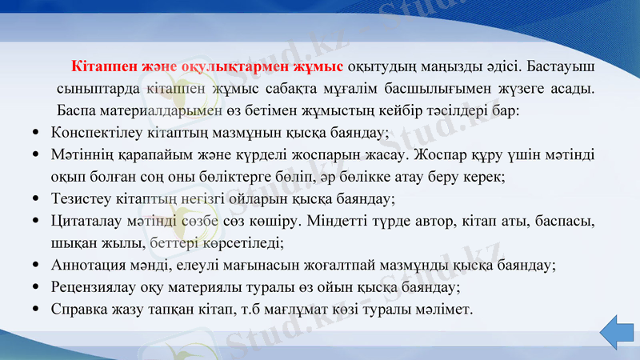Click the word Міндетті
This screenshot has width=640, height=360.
[x=350, y=220]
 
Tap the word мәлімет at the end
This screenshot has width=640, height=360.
[x=445, y=308]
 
